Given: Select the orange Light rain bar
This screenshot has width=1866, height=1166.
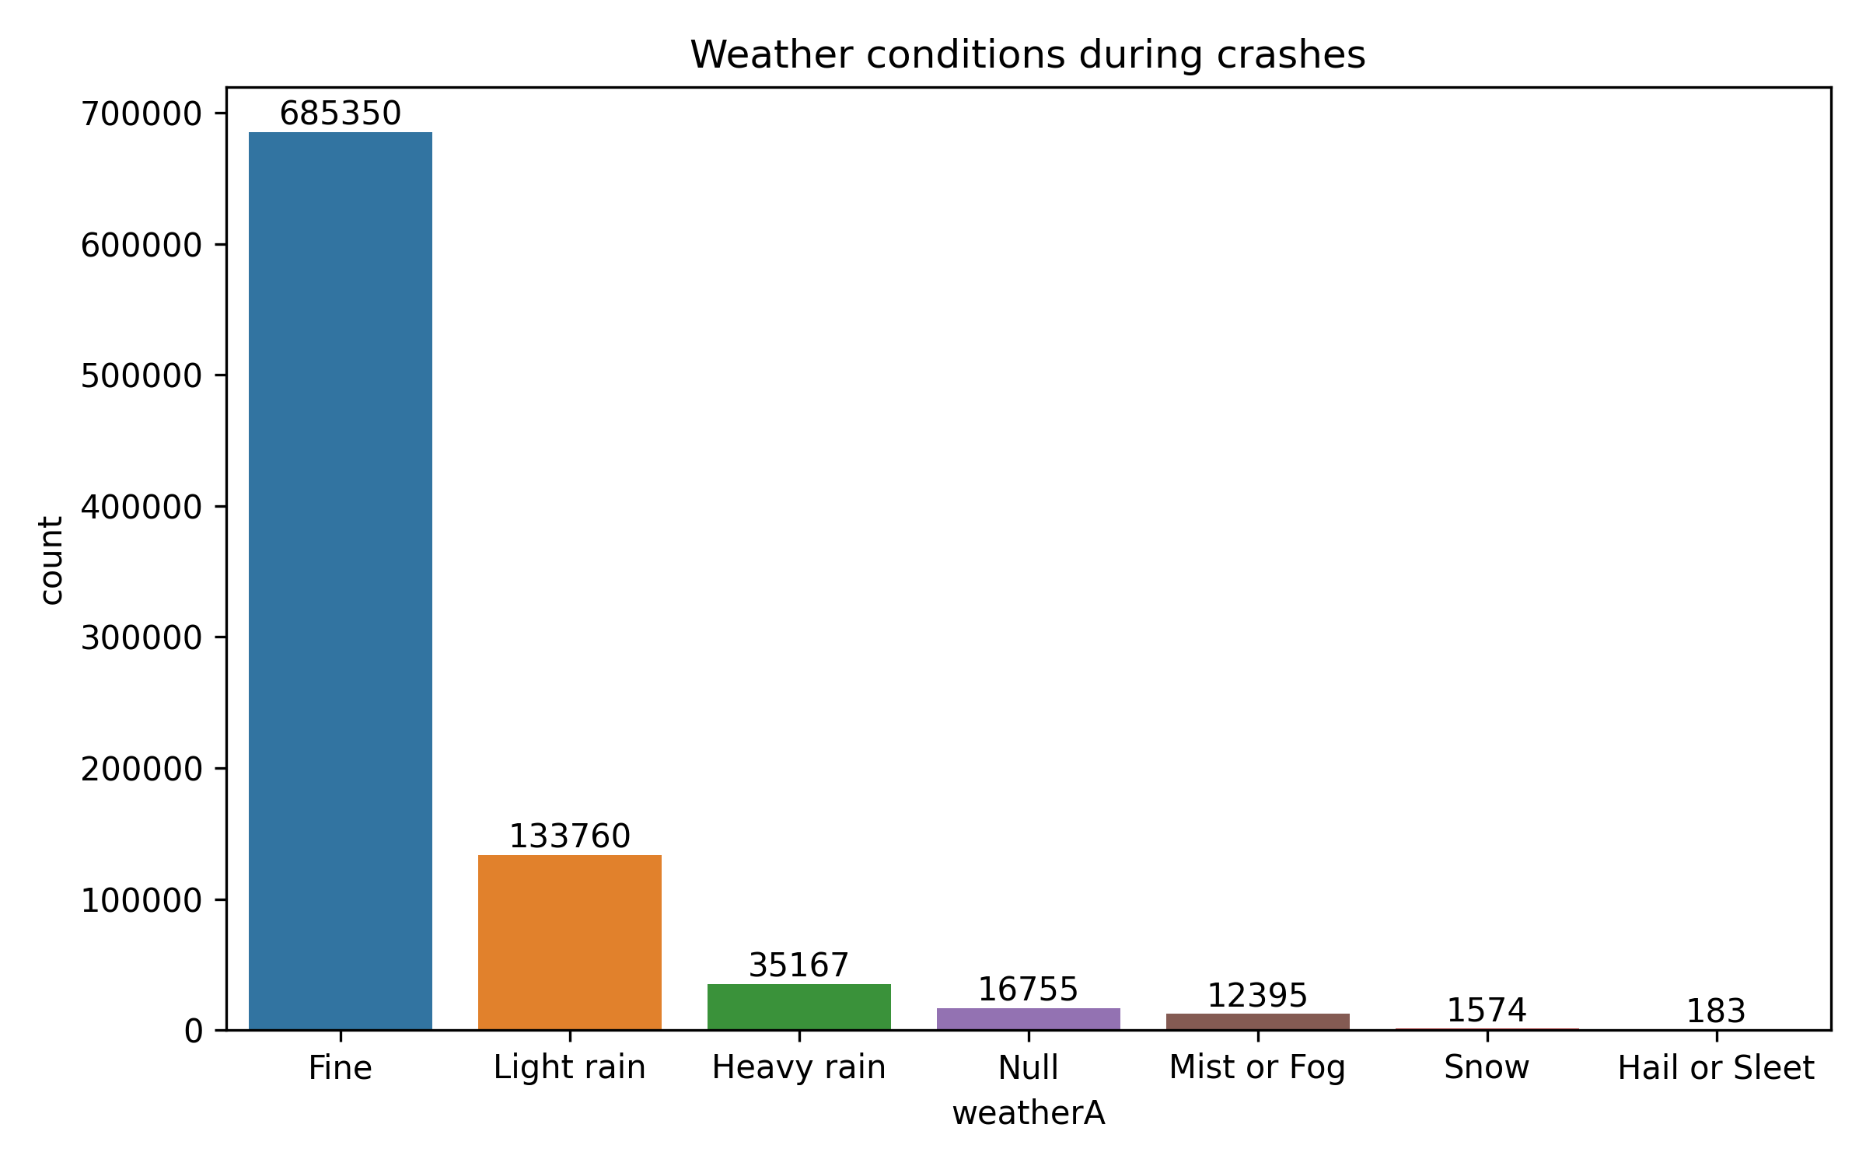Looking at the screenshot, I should pyautogui.click(x=569, y=942).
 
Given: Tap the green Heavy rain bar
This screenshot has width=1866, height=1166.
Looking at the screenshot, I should pyautogui.click(x=798, y=1007).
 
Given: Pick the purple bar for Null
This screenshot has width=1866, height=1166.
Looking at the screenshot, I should pyautogui.click(x=1028, y=1019).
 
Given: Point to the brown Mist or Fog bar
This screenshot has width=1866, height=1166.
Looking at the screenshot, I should pyautogui.click(x=1257, y=1022).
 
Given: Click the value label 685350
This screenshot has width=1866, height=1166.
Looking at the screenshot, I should pyautogui.click(x=340, y=113).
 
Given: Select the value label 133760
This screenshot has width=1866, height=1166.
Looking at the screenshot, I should pyautogui.click(x=569, y=836).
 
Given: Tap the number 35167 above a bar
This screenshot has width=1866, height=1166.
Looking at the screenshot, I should pyautogui.click(x=798, y=965).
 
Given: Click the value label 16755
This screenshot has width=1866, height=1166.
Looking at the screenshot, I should pyautogui.click(x=1028, y=990).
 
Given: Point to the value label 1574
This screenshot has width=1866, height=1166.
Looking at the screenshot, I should pyautogui.click(x=1487, y=1011).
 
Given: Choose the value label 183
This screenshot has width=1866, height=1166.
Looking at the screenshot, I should pyautogui.click(x=1716, y=1011).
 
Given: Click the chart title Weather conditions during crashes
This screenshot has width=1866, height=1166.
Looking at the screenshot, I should pyautogui.click(x=1028, y=55).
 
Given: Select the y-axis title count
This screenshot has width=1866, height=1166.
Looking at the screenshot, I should pyautogui.click(x=51, y=560).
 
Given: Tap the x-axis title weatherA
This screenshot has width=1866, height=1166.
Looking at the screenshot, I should pyautogui.click(x=1028, y=1113).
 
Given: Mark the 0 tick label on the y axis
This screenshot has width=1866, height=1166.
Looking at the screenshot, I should pyautogui.click(x=193, y=1032).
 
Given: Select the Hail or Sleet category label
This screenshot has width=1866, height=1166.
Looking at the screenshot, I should pyautogui.click(x=1716, y=1068).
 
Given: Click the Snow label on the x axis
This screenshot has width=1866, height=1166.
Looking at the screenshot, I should pyautogui.click(x=1487, y=1067).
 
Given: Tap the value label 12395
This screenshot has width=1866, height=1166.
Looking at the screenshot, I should pyautogui.click(x=1257, y=996).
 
